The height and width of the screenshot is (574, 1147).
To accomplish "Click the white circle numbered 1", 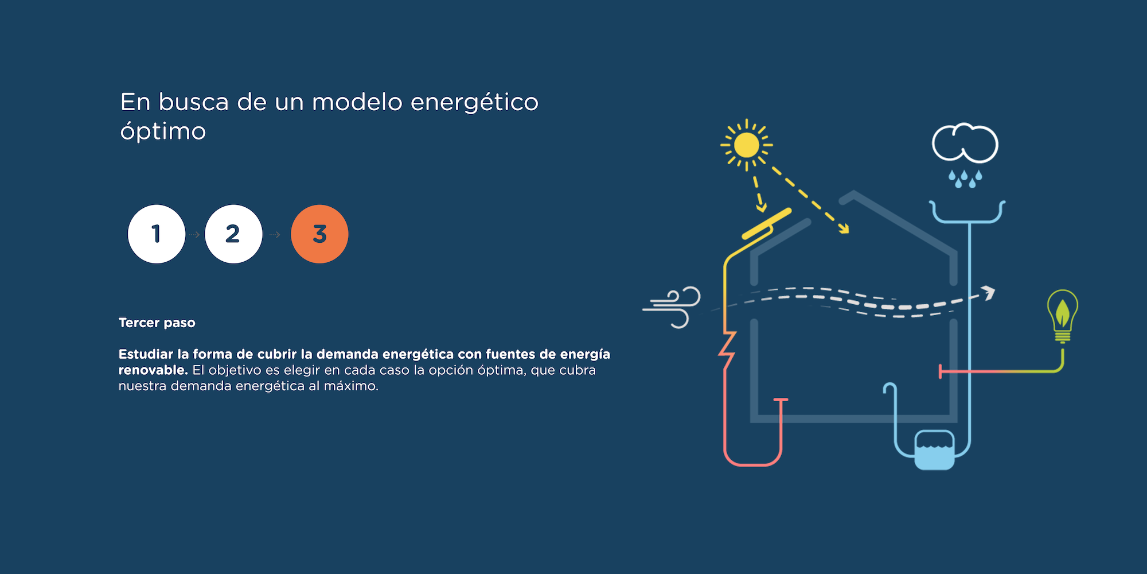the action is click(157, 234).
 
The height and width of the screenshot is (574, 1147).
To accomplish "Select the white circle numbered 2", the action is click(233, 234).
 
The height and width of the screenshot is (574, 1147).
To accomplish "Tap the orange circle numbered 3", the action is click(319, 234).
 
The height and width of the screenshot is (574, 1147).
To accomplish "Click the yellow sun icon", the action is click(747, 145).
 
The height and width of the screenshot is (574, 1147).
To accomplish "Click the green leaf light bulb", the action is click(1063, 316).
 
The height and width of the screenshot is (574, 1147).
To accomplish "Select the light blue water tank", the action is click(934, 451).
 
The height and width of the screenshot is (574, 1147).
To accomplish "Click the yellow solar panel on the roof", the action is click(766, 223).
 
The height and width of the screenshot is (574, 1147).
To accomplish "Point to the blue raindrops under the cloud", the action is click(965, 179).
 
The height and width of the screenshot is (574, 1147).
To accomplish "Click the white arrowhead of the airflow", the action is click(988, 293).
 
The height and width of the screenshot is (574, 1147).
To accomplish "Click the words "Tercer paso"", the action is click(157, 323).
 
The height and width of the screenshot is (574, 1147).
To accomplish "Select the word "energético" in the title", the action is click(475, 102).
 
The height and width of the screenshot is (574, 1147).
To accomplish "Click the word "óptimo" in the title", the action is click(163, 131).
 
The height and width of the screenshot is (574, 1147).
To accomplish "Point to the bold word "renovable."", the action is click(153, 370).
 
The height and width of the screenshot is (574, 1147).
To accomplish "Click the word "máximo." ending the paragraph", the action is click(351, 386).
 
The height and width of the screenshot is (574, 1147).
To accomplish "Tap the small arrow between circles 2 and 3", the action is click(275, 235).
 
